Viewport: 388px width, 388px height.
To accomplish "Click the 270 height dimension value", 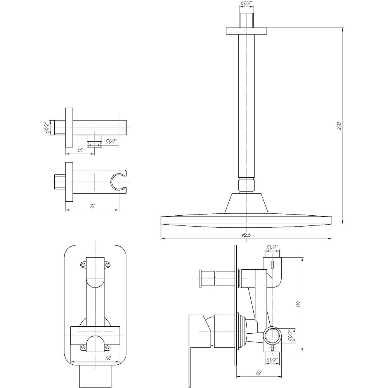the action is click(x=339, y=126).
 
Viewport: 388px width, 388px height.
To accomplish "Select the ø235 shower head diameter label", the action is click(x=246, y=235).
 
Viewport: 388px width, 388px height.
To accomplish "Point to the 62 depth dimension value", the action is click(x=259, y=372).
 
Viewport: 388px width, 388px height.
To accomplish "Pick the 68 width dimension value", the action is click(x=107, y=358).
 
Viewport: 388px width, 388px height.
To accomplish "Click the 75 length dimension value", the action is click(x=92, y=206).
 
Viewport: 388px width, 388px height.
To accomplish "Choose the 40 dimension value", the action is click(x=80, y=150).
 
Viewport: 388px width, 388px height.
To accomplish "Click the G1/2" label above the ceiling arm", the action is click(x=246, y=3).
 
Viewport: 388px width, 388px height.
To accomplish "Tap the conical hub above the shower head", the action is click(x=246, y=203).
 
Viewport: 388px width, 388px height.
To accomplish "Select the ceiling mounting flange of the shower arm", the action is click(x=246, y=31).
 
